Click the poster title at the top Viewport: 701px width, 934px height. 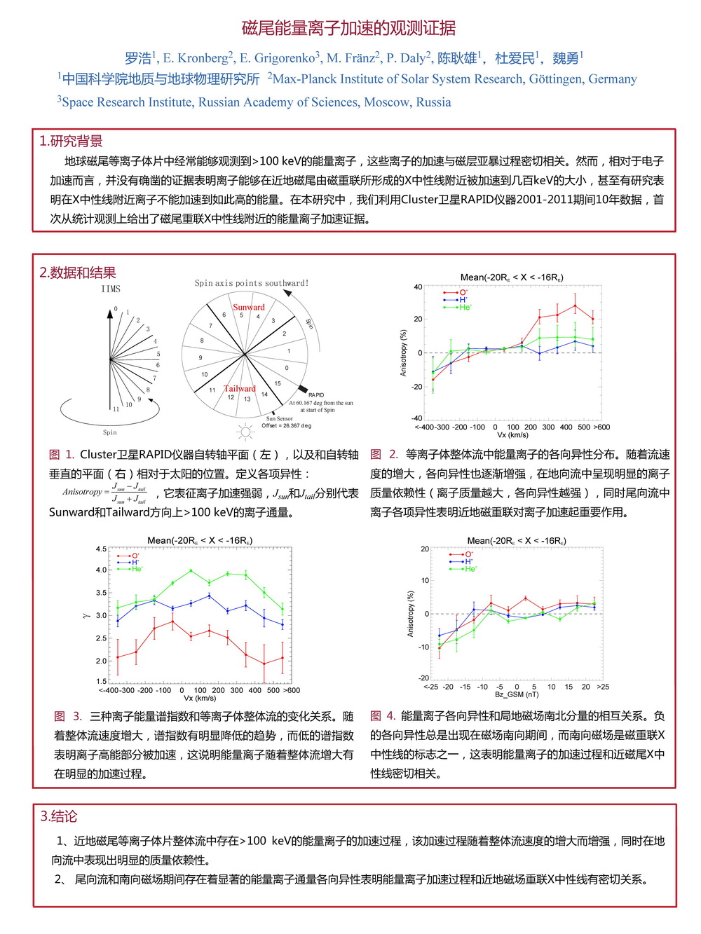tap(348, 28)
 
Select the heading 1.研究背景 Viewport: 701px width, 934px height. tap(71, 142)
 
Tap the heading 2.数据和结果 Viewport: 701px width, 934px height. tap(78, 273)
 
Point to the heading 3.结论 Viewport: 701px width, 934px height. tap(59, 816)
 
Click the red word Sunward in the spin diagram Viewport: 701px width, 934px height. tap(249, 307)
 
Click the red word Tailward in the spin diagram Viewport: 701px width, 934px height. tap(240, 388)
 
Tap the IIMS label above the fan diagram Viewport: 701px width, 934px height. tap(111, 289)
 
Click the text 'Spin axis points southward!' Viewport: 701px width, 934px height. tap(252, 283)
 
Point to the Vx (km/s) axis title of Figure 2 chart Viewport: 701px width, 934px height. tap(512, 435)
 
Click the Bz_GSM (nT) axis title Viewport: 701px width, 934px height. tap(517, 694)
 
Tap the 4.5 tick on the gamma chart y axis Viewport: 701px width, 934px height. tap(101, 549)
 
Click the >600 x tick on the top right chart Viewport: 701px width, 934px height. tap(601, 427)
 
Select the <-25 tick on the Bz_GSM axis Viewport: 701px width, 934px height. tap(431, 687)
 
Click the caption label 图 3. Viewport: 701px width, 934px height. tap(68, 716)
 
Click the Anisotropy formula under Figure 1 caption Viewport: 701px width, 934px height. tap(104, 493)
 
